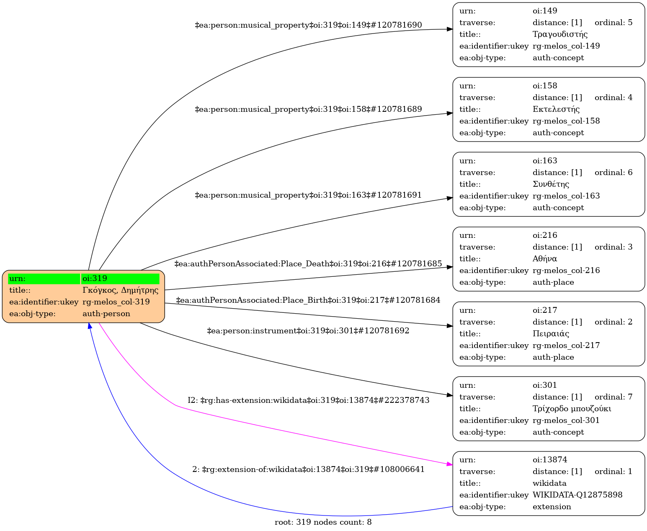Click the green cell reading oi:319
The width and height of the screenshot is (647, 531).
point(120,278)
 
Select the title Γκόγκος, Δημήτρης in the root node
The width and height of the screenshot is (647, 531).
point(120,290)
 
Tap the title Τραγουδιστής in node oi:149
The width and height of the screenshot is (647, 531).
point(560,34)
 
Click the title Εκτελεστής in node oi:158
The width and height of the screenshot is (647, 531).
point(556,109)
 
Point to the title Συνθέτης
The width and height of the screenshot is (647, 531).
point(551,184)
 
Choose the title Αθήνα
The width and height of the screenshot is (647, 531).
point(544,259)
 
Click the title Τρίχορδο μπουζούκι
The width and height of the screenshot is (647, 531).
point(572,409)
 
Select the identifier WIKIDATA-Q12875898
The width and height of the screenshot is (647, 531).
point(577,495)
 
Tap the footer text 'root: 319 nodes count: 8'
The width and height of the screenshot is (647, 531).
point(323,522)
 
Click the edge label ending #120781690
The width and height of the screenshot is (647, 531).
point(308,25)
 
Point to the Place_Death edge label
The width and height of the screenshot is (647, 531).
point(308,264)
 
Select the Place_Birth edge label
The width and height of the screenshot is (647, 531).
point(308,300)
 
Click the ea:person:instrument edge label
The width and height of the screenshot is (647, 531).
point(308,331)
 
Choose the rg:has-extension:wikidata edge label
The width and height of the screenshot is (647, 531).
point(308,400)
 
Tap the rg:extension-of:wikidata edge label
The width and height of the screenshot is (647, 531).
point(308,469)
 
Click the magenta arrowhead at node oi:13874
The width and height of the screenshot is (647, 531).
point(450,464)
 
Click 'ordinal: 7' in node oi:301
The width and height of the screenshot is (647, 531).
point(613,397)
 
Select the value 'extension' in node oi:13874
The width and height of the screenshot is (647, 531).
point(552,507)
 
